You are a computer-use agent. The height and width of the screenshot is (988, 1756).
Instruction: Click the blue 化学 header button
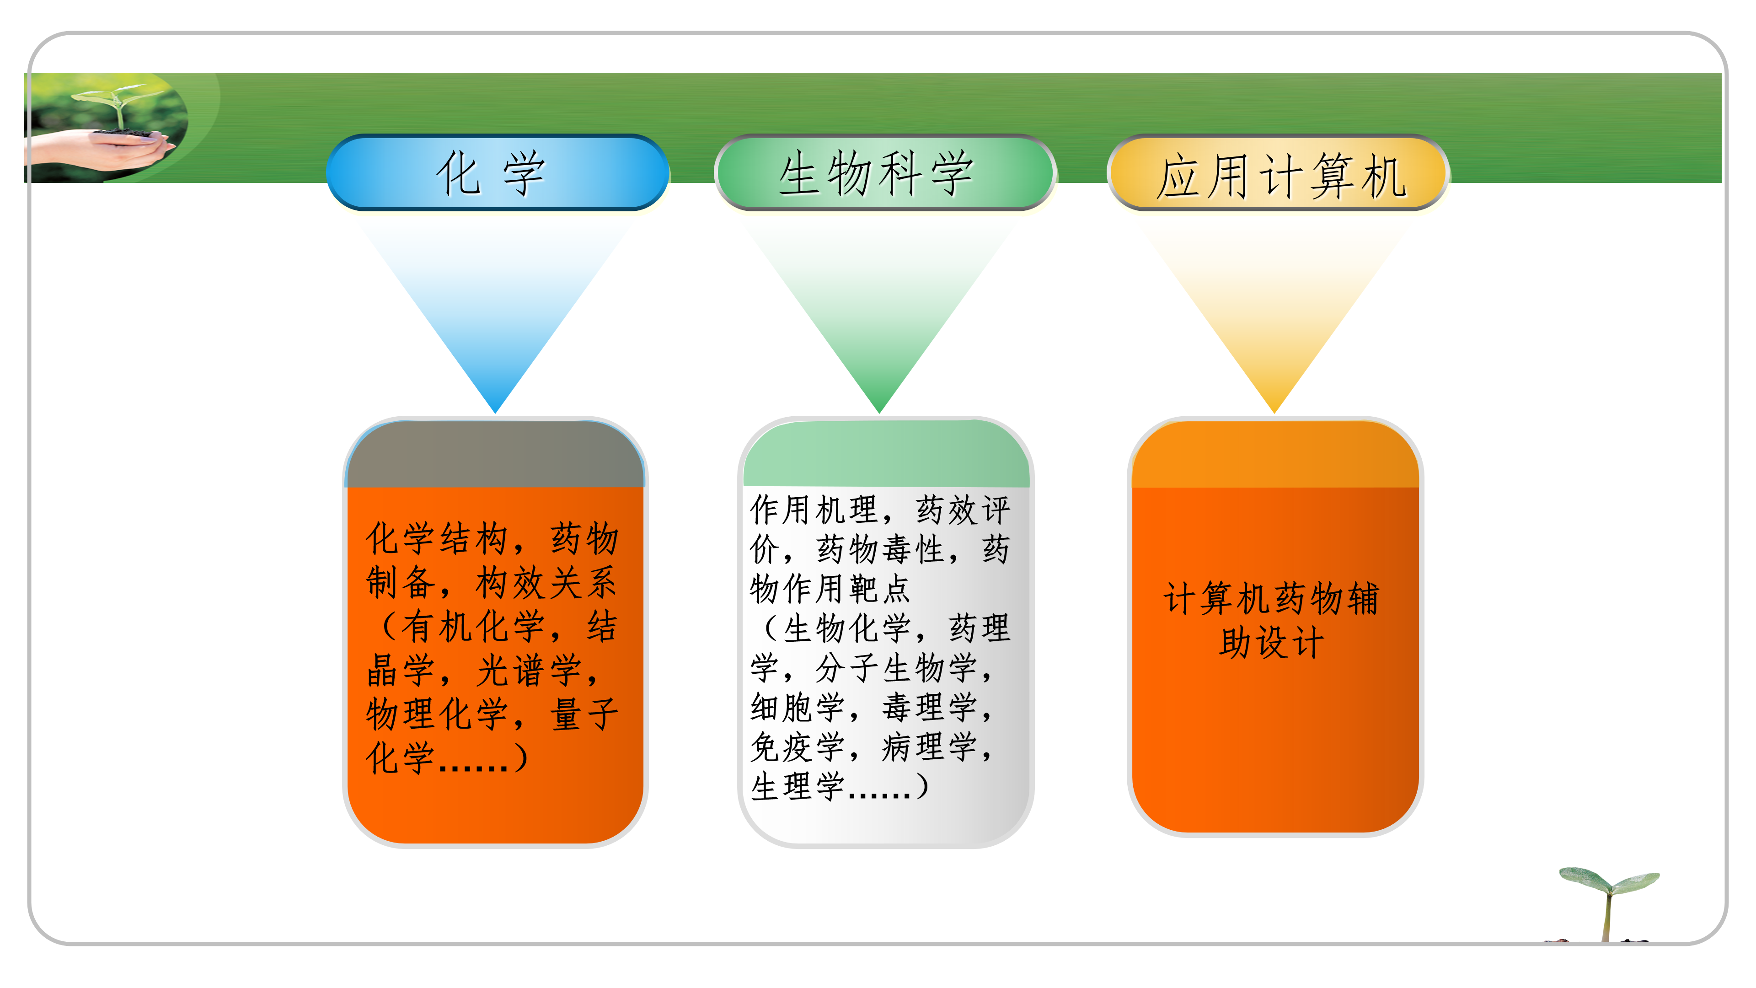point(497,173)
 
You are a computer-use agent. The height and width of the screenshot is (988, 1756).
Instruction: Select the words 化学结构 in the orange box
point(436,539)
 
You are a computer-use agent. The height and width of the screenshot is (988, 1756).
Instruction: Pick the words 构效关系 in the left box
point(546,583)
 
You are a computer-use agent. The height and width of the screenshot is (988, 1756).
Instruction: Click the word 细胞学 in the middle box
point(797,707)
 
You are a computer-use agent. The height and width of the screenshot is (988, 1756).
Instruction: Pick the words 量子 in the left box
point(584,714)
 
